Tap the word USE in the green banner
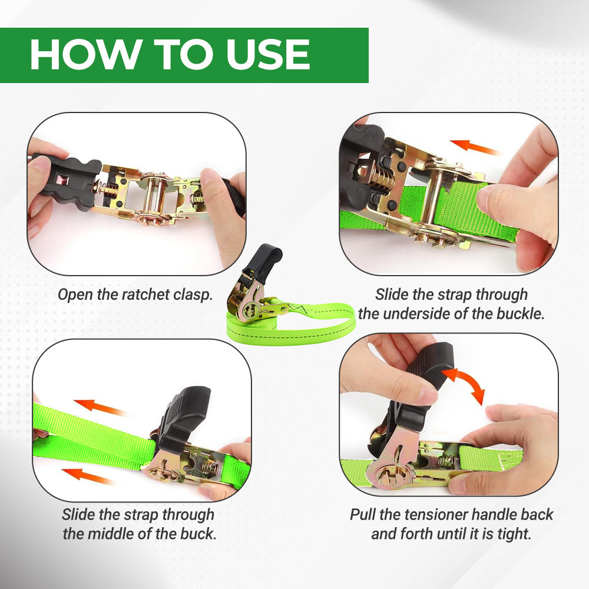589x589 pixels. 268,55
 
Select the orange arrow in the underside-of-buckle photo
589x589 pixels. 475,147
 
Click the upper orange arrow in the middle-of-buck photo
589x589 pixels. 100,408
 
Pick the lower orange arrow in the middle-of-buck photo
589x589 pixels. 87,475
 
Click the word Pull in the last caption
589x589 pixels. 363,515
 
